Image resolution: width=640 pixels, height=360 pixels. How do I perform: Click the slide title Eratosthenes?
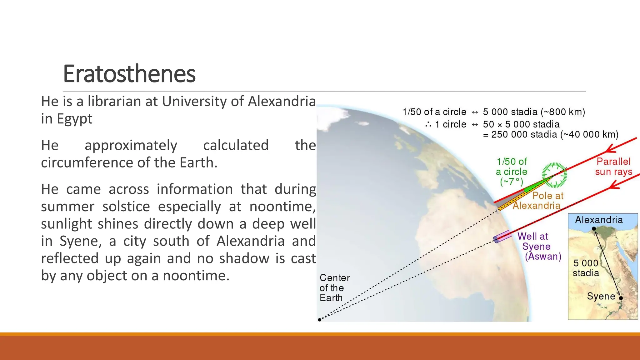(x=129, y=74)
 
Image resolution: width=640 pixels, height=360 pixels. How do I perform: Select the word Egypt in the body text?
(x=74, y=119)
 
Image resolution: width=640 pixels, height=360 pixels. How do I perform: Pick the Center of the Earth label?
(x=334, y=288)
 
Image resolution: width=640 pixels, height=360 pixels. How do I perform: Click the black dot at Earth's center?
(x=319, y=320)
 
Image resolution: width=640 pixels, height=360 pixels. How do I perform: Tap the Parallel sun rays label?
(x=613, y=167)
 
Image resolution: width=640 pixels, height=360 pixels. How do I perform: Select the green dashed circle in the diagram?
(x=555, y=175)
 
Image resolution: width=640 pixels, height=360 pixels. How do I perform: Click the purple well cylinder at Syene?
(x=502, y=237)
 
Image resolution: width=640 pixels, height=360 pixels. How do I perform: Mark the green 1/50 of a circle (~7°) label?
(x=512, y=172)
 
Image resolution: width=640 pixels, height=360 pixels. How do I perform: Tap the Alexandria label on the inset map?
(x=599, y=220)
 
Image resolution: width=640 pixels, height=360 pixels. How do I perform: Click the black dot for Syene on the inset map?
(x=621, y=298)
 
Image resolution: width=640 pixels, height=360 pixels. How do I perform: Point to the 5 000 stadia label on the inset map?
(x=586, y=268)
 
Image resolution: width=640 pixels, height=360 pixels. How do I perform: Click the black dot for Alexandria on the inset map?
(x=594, y=229)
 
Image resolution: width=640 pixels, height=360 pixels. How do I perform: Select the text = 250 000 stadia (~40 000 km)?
(x=551, y=135)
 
